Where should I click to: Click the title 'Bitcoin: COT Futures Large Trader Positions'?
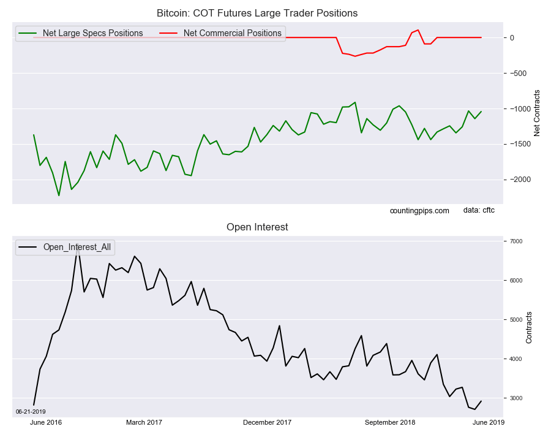[x=257, y=13]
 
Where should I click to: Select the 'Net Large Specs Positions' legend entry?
[x=92, y=33]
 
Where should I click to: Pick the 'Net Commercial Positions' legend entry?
[x=232, y=33]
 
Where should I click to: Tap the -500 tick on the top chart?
[x=517, y=74]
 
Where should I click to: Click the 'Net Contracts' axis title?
[x=537, y=113]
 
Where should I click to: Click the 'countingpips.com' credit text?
[x=419, y=211]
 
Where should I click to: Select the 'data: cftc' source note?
[x=479, y=210]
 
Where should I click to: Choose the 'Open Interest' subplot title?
[x=257, y=227]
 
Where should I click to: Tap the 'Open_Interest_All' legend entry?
[x=77, y=247]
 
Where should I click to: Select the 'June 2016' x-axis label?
[x=46, y=422]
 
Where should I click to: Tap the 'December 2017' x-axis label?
[x=267, y=422]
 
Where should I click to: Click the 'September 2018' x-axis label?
[x=389, y=422]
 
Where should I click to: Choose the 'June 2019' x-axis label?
[x=488, y=422]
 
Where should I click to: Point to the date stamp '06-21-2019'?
[x=31, y=412]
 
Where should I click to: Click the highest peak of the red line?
[x=418, y=30]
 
